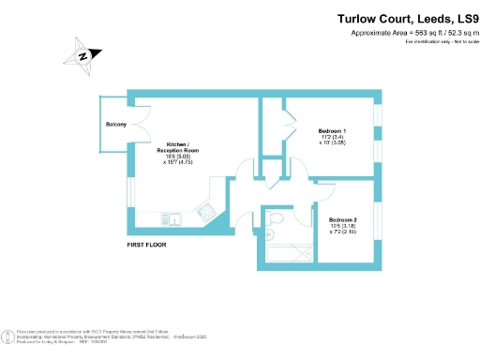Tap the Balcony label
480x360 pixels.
click(116, 124)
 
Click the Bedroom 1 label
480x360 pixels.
click(332, 129)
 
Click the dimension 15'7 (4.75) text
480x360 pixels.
click(175, 161)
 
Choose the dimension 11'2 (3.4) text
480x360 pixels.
click(332, 137)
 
